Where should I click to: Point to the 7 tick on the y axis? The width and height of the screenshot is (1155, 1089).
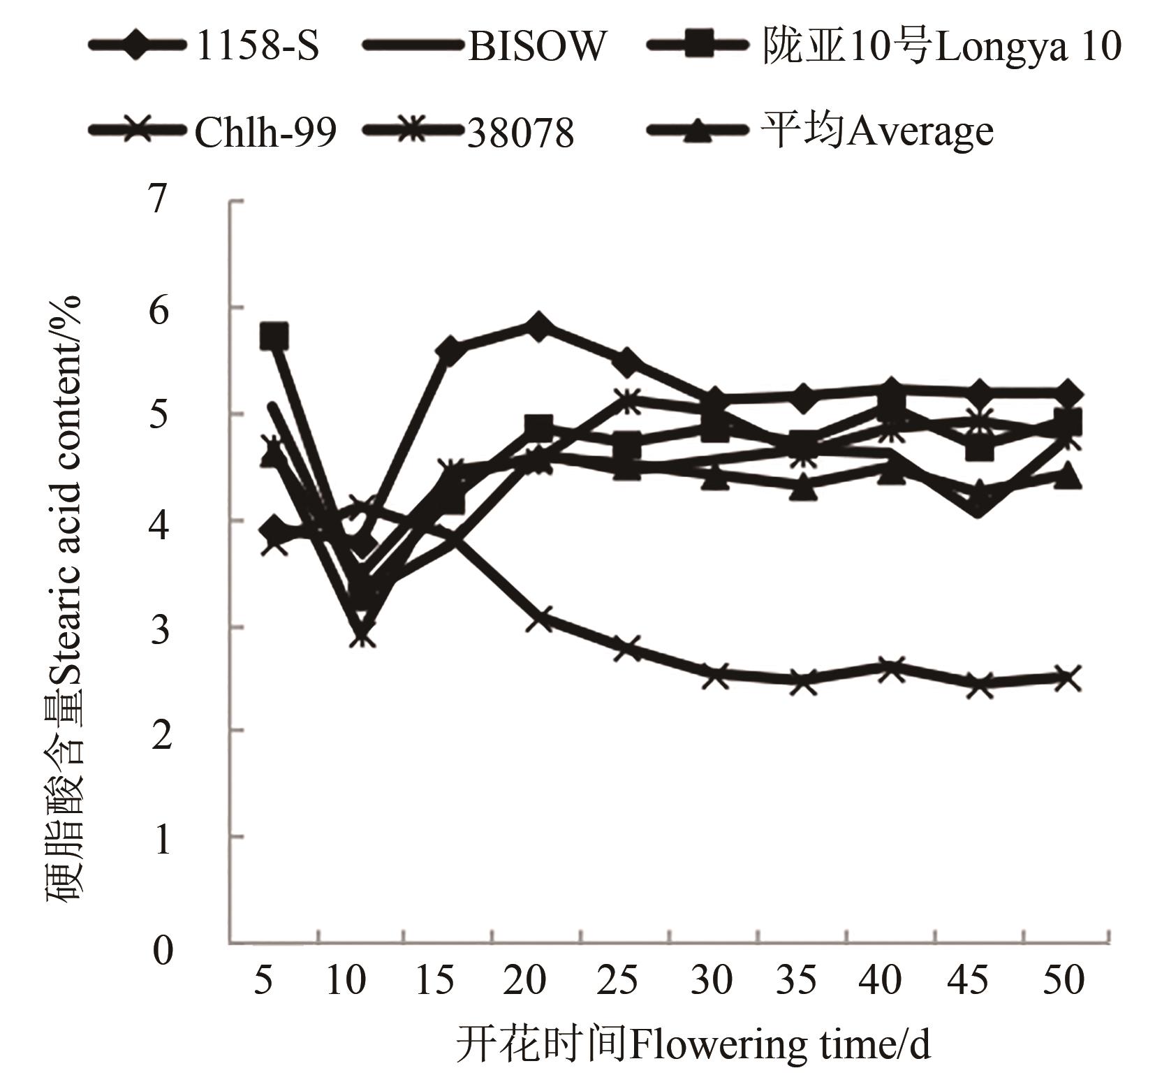pyautogui.click(x=159, y=199)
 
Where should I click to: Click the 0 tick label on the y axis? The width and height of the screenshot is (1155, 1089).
pyautogui.click(x=162, y=949)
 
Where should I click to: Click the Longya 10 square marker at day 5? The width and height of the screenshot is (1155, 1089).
pyautogui.click(x=274, y=335)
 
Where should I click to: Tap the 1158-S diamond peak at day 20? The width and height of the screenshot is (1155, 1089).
pyautogui.click(x=538, y=326)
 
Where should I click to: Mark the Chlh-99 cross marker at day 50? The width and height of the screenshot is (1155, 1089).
pyautogui.click(x=1068, y=677)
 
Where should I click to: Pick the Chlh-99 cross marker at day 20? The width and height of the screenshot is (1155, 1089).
pyautogui.click(x=538, y=617)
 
